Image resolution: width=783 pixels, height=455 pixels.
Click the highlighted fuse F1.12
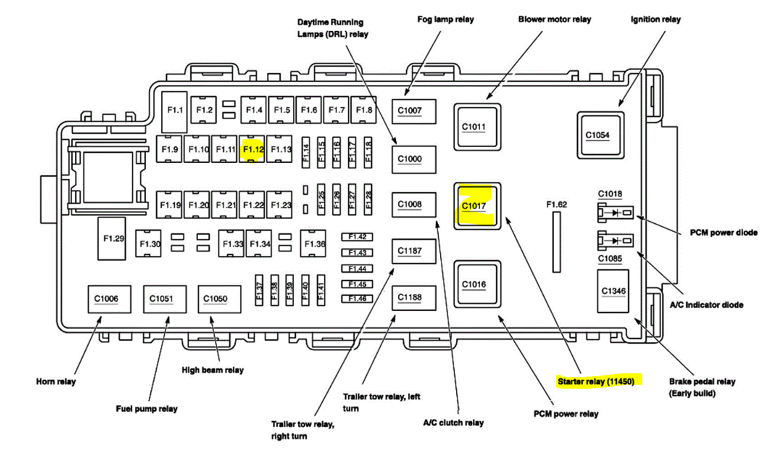point(253,149)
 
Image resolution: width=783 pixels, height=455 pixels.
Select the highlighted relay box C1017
point(474,206)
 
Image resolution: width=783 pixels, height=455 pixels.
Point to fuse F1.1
point(175,110)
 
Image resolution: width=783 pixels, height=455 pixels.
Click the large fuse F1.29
point(114,239)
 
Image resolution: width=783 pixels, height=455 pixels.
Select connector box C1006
point(105,299)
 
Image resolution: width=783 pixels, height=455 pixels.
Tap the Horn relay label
point(56,382)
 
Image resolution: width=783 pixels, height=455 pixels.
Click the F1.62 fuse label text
point(557,204)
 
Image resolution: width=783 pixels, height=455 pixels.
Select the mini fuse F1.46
point(357,299)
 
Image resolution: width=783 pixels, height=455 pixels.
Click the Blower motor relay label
point(554,19)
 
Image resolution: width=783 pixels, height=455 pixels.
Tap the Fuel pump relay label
point(146,409)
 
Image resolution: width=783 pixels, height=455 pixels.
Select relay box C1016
point(474,285)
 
